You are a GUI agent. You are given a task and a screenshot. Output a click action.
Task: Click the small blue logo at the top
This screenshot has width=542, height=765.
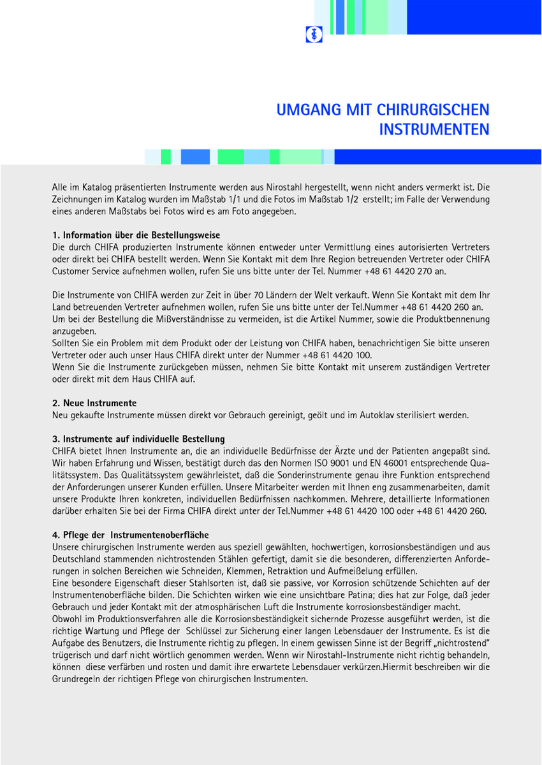(x=314, y=34)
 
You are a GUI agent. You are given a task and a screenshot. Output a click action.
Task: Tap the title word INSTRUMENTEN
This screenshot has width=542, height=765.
(x=434, y=129)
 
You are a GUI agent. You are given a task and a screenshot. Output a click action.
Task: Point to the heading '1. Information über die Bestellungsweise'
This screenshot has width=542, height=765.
(x=136, y=235)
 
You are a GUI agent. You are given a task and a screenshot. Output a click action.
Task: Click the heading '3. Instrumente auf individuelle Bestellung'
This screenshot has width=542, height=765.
(x=138, y=439)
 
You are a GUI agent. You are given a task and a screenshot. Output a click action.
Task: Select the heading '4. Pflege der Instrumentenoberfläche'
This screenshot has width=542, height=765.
(x=130, y=535)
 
